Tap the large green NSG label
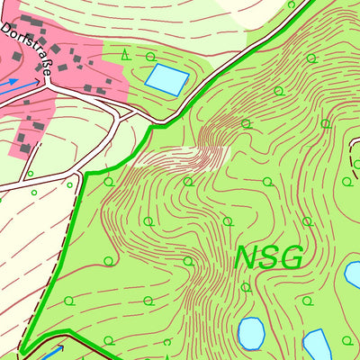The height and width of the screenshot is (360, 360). pyautogui.click(x=268, y=257)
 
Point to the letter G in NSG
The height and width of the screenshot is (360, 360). pyautogui.click(x=290, y=257)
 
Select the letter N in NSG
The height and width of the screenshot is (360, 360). pyautogui.click(x=247, y=257)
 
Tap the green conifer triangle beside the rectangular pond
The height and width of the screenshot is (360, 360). pyautogui.click(x=125, y=56)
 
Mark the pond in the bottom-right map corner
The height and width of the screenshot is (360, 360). pyautogui.click(x=316, y=346)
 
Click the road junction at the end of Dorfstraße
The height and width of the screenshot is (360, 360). pyautogui.click(x=48, y=87)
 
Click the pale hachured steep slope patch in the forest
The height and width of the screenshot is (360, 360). pyautogui.click(x=180, y=157)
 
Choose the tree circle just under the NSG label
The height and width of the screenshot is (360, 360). pyautogui.click(x=246, y=288)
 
